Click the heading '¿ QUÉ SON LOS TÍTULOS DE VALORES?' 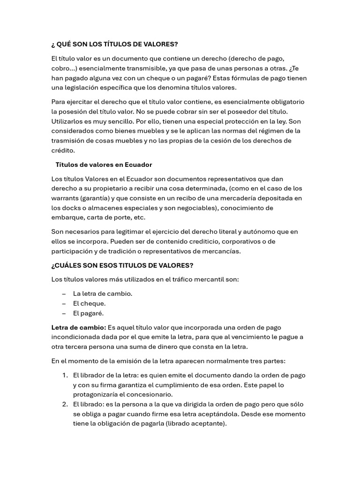pos(114,44)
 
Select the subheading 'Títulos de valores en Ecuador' pos(104,165)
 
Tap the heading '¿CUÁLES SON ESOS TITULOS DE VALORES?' pos(122,265)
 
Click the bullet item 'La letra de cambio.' pos(103,293)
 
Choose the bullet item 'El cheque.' pos(89,303)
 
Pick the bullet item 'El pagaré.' pos(88,313)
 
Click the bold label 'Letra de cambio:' pos(78,327)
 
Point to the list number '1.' pos(65,375)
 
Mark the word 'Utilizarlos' pos(68,121)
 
